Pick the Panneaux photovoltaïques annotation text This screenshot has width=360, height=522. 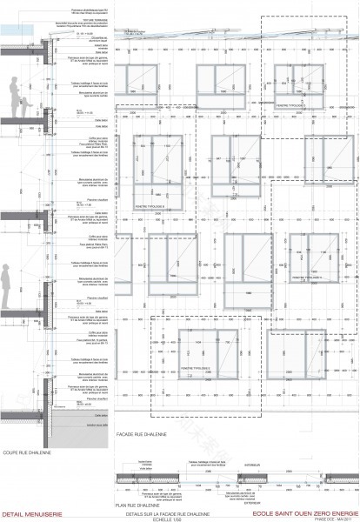84,7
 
